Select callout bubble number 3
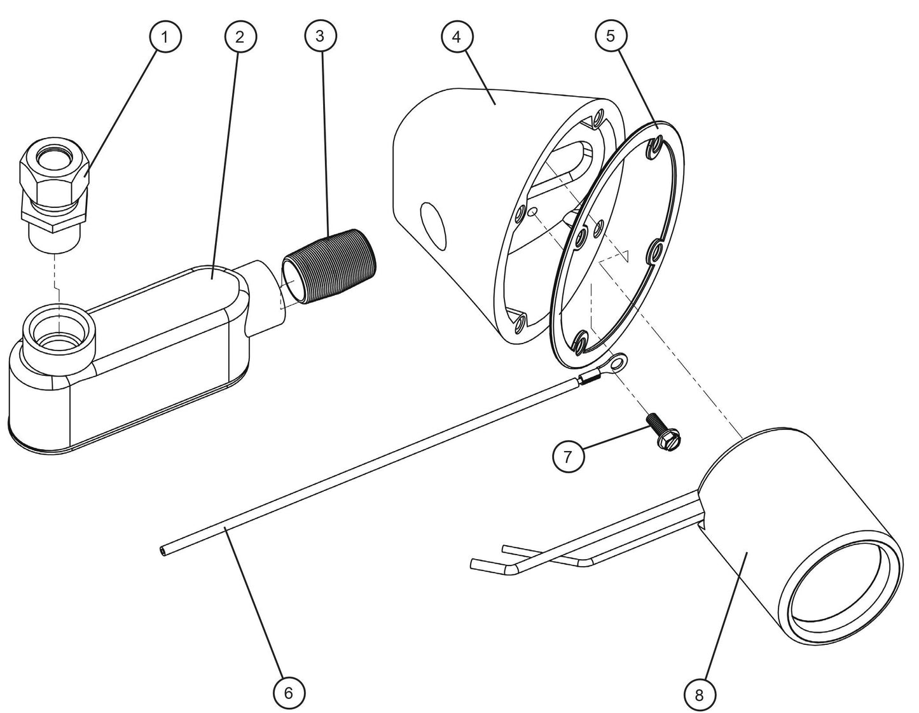[320, 36]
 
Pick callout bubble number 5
[611, 36]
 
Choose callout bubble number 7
[569, 456]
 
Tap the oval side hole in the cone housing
[434, 225]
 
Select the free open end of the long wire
[163, 551]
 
